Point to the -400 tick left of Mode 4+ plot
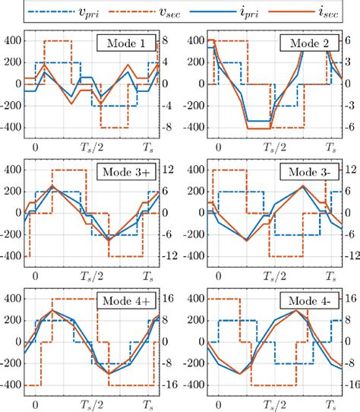click(x=13, y=385)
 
